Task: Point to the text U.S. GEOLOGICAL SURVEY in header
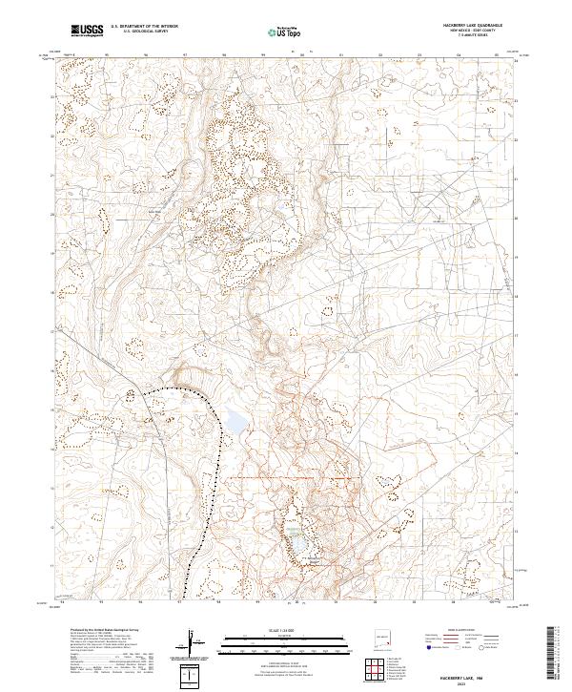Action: [x=139, y=32]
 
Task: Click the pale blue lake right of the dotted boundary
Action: [x=235, y=419]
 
